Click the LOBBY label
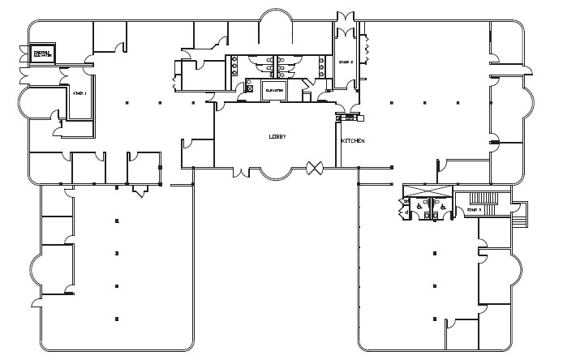coord(277,137)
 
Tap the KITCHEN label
coord(352,141)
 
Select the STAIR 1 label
coord(80,94)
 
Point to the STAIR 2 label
coord(346,62)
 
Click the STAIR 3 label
coord(474,210)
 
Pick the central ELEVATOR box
coord(273,91)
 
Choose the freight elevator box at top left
coord(42,54)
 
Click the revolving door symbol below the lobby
coord(314,168)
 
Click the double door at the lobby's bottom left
coord(242,171)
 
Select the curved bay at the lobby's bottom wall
coord(279,171)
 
